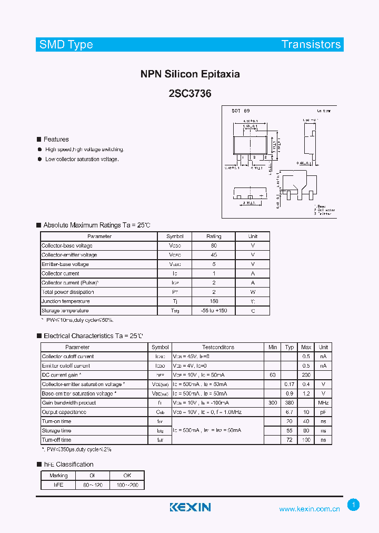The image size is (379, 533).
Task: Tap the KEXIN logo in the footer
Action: point(190,507)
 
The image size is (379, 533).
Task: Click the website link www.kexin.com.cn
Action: point(310,509)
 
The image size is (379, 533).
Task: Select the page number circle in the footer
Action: point(354,505)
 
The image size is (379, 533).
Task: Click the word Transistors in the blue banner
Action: point(311,44)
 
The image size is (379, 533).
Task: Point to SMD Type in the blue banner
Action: point(66,44)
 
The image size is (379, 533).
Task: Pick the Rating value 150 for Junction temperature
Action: point(214,301)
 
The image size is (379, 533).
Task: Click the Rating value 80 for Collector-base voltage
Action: point(214,245)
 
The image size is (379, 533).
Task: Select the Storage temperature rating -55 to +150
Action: point(214,311)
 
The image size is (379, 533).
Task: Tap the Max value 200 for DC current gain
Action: point(306,375)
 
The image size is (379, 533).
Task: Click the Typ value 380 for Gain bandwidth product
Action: point(290,403)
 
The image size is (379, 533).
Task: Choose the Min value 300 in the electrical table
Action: point(273,403)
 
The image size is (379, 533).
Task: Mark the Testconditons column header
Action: point(218,347)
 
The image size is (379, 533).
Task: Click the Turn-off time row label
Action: point(57,440)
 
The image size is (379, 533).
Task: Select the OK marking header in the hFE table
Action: point(127,475)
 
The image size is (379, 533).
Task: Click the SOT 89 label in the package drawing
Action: point(241,111)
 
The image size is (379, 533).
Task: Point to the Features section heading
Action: point(56,140)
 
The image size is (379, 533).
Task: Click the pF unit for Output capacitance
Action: point(323,412)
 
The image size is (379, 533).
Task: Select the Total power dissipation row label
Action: point(68,292)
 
